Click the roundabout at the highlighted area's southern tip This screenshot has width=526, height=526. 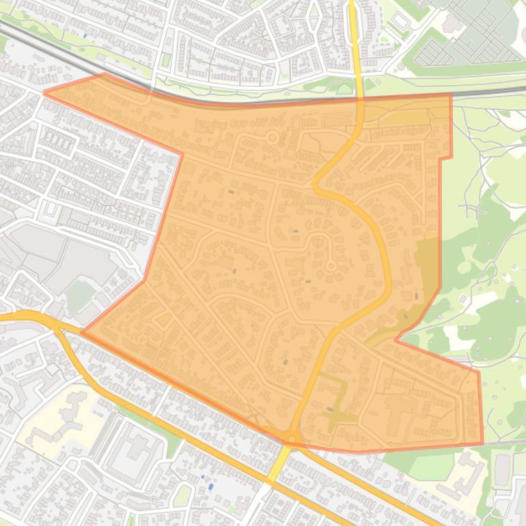pyautogui.click(x=292, y=437)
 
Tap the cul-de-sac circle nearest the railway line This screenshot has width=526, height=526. pyautogui.click(x=272, y=138)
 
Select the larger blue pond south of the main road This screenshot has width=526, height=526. pyautogui.click(x=210, y=486)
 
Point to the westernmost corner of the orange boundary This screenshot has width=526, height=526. pyautogui.click(x=44, y=92)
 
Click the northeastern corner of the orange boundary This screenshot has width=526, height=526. pyautogui.click(x=451, y=94)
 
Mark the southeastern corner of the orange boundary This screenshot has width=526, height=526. pyautogui.click(x=482, y=443)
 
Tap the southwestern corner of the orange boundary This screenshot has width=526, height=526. pyautogui.click(x=83, y=333)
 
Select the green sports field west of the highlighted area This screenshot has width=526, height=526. pyautogui.click(x=80, y=296)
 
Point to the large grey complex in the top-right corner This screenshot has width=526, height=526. pyautogui.click(x=471, y=34)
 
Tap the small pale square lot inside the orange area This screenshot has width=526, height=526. pyautogui.click(x=163, y=320)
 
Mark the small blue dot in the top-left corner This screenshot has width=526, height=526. pyautogui.click(x=85, y=36)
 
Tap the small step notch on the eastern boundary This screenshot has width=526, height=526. pyautogui.click(x=445, y=158)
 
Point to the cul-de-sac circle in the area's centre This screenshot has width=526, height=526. pyautogui.click(x=331, y=265)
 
